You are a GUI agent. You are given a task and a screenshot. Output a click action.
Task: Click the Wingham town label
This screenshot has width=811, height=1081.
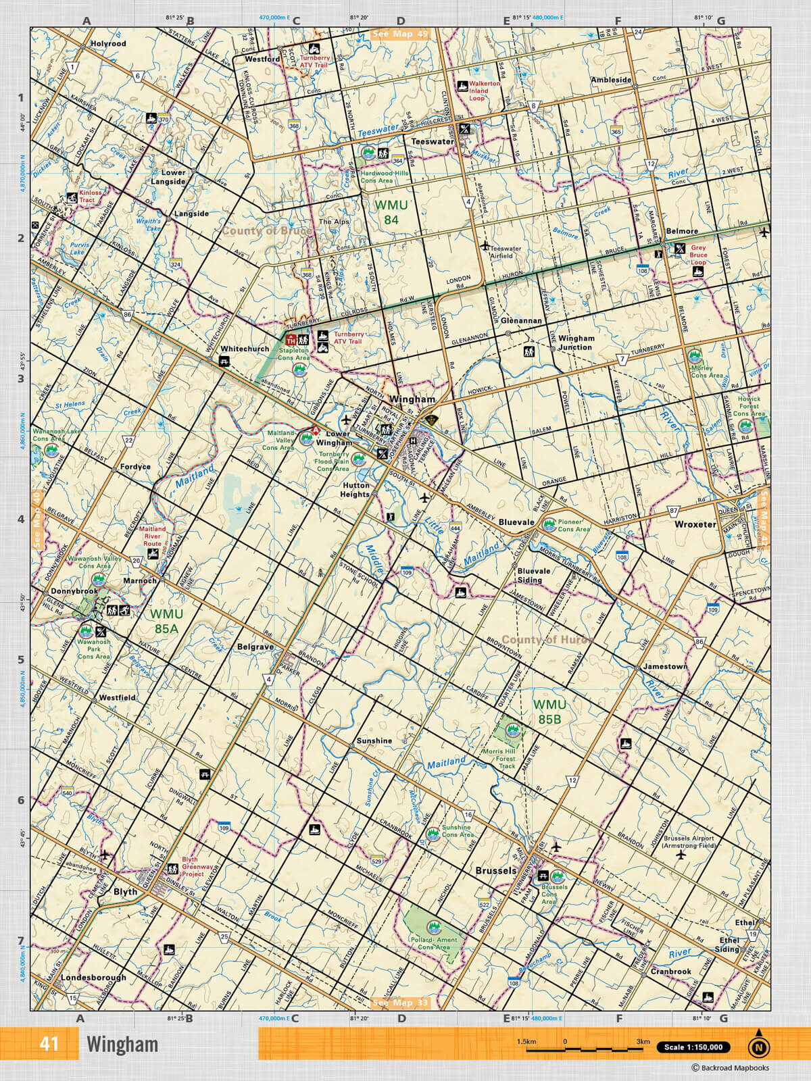[x=412, y=399]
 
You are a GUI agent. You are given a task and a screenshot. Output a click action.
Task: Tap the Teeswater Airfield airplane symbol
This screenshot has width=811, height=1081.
[x=485, y=246]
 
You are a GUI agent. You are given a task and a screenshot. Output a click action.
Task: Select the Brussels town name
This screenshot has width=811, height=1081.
[x=495, y=871]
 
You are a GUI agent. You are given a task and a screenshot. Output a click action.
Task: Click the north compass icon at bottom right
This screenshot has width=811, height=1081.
[x=758, y=1047]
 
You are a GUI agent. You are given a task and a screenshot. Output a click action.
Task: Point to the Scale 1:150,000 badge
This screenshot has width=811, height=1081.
[x=693, y=1047]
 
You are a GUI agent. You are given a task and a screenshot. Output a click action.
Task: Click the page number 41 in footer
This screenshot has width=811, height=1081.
[x=49, y=1044]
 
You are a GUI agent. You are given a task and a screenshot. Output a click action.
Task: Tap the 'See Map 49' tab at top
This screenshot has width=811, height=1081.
[x=400, y=34]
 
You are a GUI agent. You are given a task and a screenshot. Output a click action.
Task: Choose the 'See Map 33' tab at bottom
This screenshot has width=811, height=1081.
[x=400, y=1003]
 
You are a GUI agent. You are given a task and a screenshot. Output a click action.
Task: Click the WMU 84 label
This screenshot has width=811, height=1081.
[x=391, y=211]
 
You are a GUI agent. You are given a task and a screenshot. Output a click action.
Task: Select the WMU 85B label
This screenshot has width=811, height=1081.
[x=549, y=711]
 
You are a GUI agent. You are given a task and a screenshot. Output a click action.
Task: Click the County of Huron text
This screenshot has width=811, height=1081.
[x=547, y=640]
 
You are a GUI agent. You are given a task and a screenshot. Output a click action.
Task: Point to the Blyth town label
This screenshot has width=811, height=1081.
[x=125, y=892]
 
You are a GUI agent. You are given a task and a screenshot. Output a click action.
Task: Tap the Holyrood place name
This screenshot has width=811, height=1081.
[x=108, y=43]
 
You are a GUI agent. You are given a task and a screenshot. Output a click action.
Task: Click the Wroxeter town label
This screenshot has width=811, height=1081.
[x=695, y=524]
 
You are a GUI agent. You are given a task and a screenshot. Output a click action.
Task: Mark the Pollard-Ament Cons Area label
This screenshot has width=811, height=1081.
[x=433, y=943]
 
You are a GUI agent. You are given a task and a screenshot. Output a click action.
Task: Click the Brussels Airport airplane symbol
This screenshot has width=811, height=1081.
[x=681, y=855]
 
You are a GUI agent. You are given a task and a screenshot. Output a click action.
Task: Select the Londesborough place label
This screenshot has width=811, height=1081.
[x=93, y=978]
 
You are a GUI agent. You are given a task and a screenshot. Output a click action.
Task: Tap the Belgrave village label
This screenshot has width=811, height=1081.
[x=255, y=647]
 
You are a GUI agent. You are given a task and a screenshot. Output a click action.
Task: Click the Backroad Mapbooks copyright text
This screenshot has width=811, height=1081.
[x=730, y=1068]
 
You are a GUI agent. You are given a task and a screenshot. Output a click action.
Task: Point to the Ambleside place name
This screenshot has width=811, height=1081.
[x=611, y=80]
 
